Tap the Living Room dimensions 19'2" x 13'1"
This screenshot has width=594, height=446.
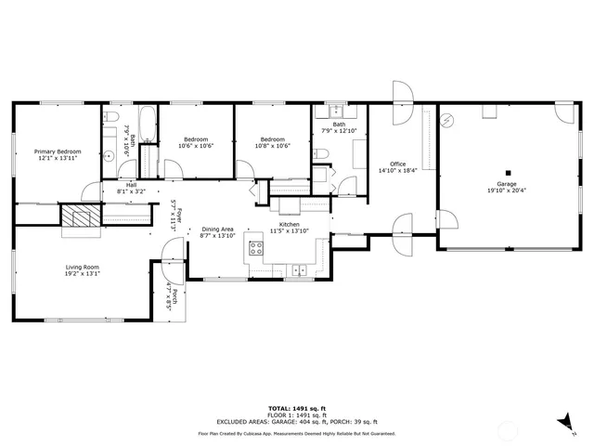pyautogui.click(x=83, y=274)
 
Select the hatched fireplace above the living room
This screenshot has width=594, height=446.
pyautogui.click(x=79, y=216)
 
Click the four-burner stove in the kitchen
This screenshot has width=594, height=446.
pyautogui.click(x=257, y=248)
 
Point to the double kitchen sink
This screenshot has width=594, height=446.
pyautogui.click(x=299, y=270)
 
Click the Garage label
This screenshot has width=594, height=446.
pyautogui.click(x=507, y=184)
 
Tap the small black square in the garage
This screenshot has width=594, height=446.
pyautogui.click(x=508, y=172)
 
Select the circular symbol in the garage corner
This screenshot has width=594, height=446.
pyautogui.click(x=448, y=120)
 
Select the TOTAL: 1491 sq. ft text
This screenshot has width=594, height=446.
pyautogui.click(x=297, y=408)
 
